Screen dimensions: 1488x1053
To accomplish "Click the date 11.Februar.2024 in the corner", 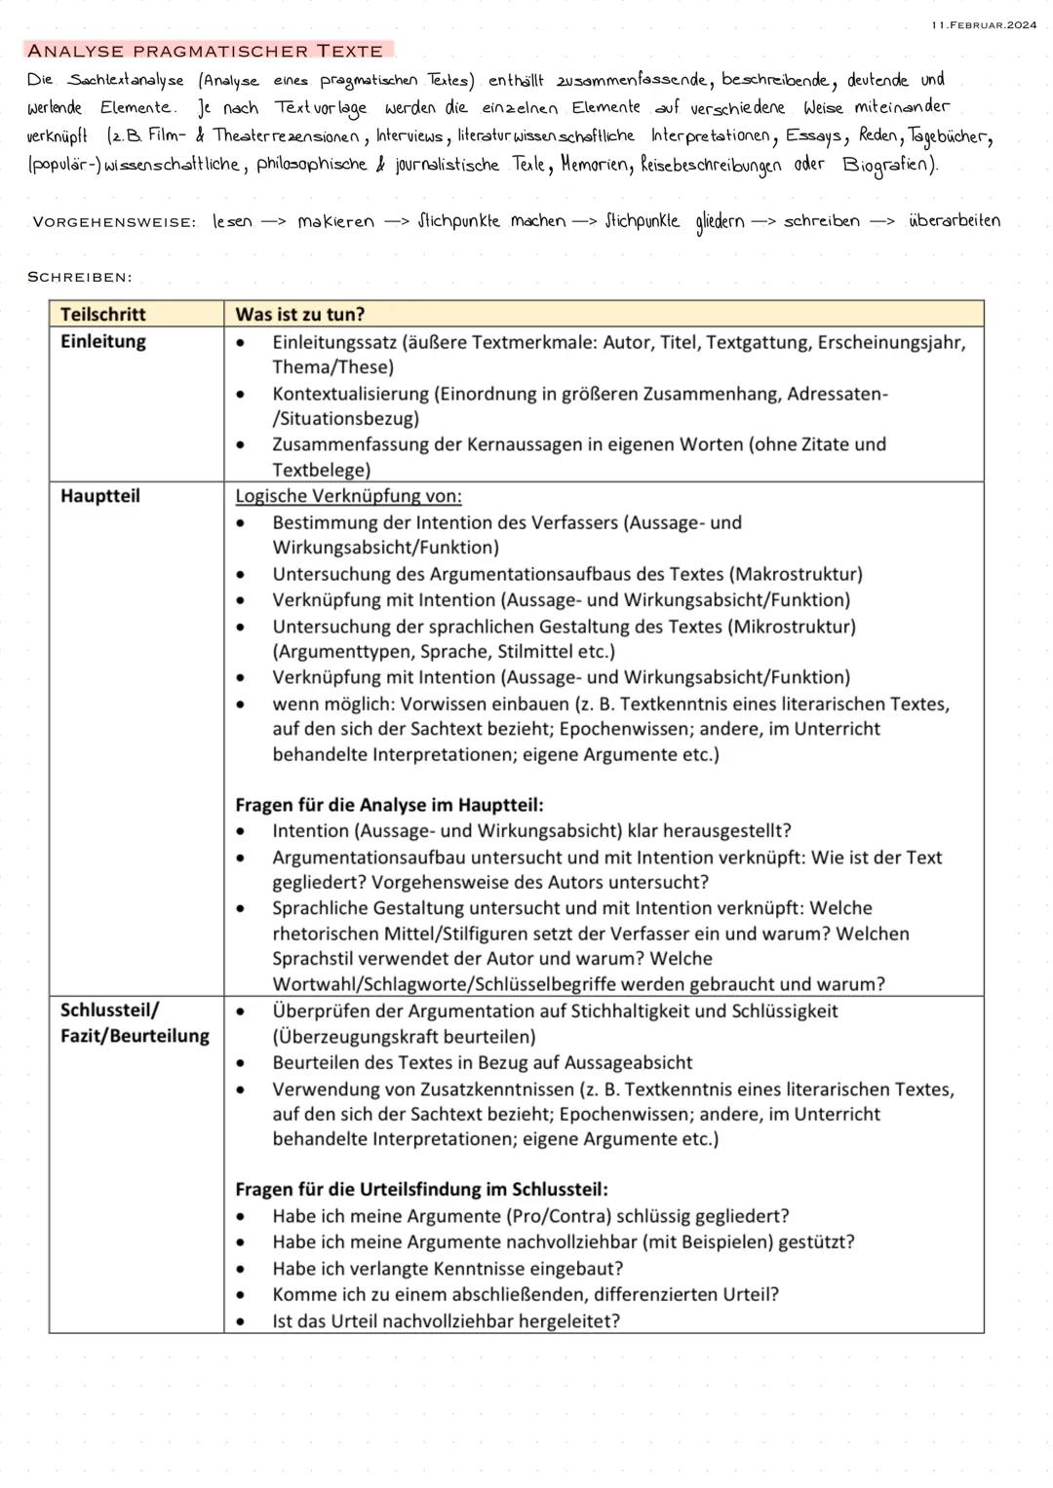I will tap(984, 24).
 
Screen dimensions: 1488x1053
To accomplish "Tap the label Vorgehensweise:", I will tap(113, 222).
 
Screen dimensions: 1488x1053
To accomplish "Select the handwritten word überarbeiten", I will tap(954, 221).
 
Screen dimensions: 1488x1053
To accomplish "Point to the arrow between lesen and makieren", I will tap(274, 222).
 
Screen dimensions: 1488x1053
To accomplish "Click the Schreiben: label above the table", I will tap(79, 278).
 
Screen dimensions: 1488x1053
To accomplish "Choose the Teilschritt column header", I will tap(102, 314).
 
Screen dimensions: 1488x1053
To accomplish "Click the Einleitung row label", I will tap(102, 341).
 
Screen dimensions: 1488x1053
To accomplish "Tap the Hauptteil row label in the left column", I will tap(99, 496).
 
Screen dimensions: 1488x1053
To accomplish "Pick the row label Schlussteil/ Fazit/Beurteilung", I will tap(135, 1023).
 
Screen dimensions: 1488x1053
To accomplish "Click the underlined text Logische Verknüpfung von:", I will tap(348, 496).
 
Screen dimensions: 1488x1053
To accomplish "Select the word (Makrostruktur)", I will tap(796, 574).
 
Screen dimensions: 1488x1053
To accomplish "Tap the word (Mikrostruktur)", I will tap(791, 627).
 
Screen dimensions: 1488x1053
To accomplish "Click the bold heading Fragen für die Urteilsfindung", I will tap(421, 1190).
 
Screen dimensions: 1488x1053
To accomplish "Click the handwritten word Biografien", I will tap(888, 165).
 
